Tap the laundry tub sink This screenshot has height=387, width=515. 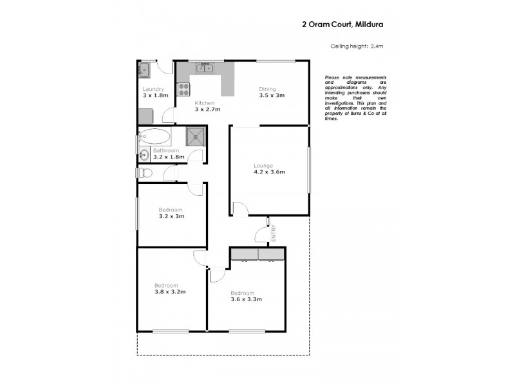point(144,69)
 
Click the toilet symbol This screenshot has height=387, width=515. point(144,172)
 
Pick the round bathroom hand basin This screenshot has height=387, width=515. point(142,155)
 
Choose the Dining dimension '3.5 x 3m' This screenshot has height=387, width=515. point(272,95)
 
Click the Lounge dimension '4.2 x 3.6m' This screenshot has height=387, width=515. point(269,172)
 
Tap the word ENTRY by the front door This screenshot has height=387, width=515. point(274,232)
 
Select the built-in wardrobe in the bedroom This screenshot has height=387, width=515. point(257,255)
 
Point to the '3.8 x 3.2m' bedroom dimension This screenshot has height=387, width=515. point(170,292)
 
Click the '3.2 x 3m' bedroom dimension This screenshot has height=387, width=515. point(171,216)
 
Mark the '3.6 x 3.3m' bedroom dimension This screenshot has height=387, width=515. point(246,299)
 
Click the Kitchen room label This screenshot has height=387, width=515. point(205,103)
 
